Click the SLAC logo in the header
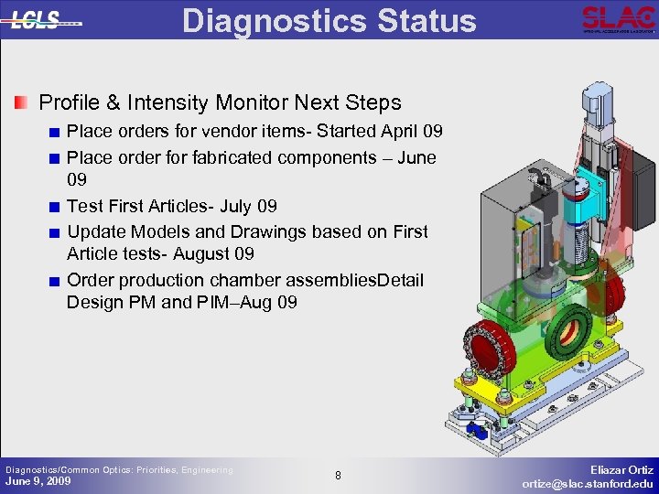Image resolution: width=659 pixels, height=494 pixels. [x=618, y=18]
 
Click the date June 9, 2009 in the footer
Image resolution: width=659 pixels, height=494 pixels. [x=38, y=481]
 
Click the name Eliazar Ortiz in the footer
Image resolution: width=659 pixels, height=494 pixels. [x=621, y=468]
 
